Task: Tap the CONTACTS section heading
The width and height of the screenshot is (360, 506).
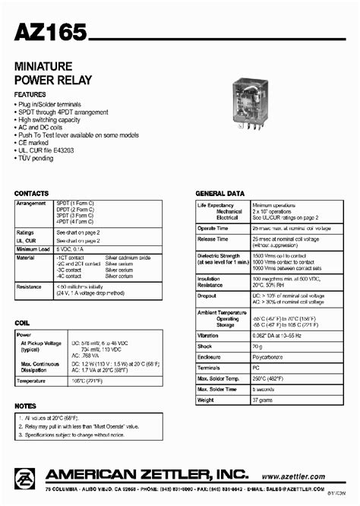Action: pyautogui.click(x=31, y=194)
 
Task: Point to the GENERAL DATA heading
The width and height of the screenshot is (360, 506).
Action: pyautogui.click(x=220, y=194)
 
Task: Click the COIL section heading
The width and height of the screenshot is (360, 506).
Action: pyautogui.click(x=22, y=324)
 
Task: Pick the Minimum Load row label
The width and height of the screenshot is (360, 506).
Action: pyautogui.click(x=33, y=248)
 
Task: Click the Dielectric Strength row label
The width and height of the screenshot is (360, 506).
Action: pyautogui.click(x=219, y=256)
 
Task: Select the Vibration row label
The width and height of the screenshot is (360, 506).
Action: pyautogui.click(x=207, y=334)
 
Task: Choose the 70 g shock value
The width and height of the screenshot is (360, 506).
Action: pyautogui.click(x=259, y=345)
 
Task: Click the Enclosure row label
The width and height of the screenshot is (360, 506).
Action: pyautogui.click(x=209, y=356)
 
